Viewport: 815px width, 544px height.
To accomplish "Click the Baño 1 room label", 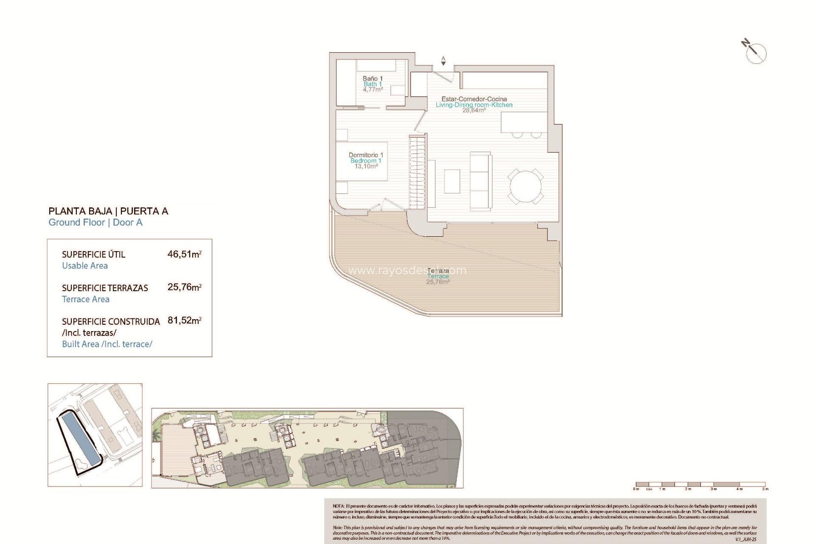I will click(x=373, y=79).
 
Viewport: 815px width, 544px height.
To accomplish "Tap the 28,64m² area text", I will click(x=474, y=110).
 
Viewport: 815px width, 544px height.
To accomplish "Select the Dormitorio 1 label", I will click(x=366, y=155).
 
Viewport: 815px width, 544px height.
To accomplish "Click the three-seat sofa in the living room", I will click(x=481, y=181).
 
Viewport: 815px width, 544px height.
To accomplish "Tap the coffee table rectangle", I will click(x=452, y=181).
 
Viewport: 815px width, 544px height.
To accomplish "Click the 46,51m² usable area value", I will click(x=184, y=254).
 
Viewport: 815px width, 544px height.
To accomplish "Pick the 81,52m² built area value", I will click(x=184, y=320).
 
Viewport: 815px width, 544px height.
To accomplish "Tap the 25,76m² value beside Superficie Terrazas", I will click(x=184, y=287).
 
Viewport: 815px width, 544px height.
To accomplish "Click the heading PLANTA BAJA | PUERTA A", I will click(x=108, y=211).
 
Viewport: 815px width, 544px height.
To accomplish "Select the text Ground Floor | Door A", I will click(x=96, y=222).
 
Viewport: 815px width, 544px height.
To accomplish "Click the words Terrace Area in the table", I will click(x=86, y=299).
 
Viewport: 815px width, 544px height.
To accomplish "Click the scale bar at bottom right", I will click(x=700, y=484).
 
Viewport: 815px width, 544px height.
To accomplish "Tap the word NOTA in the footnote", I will click(x=338, y=506).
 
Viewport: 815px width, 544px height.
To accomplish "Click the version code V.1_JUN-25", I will click(x=745, y=539).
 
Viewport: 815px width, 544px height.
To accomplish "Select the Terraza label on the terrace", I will click(x=438, y=271).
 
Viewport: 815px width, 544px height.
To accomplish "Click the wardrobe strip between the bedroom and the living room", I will click(x=417, y=172).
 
